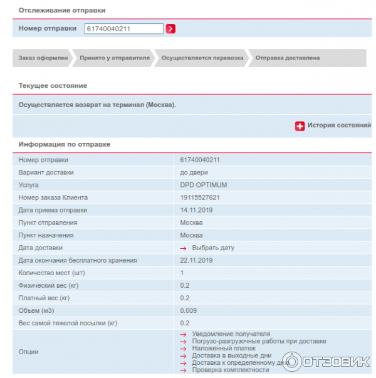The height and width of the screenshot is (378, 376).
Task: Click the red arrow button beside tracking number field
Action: pos(170,28)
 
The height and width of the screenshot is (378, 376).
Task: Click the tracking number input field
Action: pos(123,28)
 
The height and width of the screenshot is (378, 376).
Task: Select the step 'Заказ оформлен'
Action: pos(39,58)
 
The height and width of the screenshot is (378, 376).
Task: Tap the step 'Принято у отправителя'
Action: pos(114,58)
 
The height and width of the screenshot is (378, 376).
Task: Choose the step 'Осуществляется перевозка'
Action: pos(202,58)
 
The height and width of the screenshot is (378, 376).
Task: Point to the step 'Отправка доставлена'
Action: pos(287,58)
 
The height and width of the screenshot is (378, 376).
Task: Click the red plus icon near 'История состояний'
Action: pos(300,125)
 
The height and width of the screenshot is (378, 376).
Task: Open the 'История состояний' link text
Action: pos(339,125)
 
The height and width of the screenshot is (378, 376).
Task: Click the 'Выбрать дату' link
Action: pos(213,248)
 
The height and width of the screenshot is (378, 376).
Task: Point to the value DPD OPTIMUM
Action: pos(203,185)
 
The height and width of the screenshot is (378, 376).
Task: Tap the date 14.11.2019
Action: pos(196,210)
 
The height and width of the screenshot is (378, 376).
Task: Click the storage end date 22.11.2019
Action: pos(196,260)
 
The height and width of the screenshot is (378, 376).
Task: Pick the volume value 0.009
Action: pos(189,310)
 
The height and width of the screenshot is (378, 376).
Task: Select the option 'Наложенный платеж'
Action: pos(224,349)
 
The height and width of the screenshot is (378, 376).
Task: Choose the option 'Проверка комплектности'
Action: pos(230,370)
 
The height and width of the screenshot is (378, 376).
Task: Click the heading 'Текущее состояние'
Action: pos(53,85)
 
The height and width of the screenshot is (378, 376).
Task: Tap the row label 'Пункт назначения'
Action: pos(46,235)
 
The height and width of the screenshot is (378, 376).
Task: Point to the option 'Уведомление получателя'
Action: pos(231,334)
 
